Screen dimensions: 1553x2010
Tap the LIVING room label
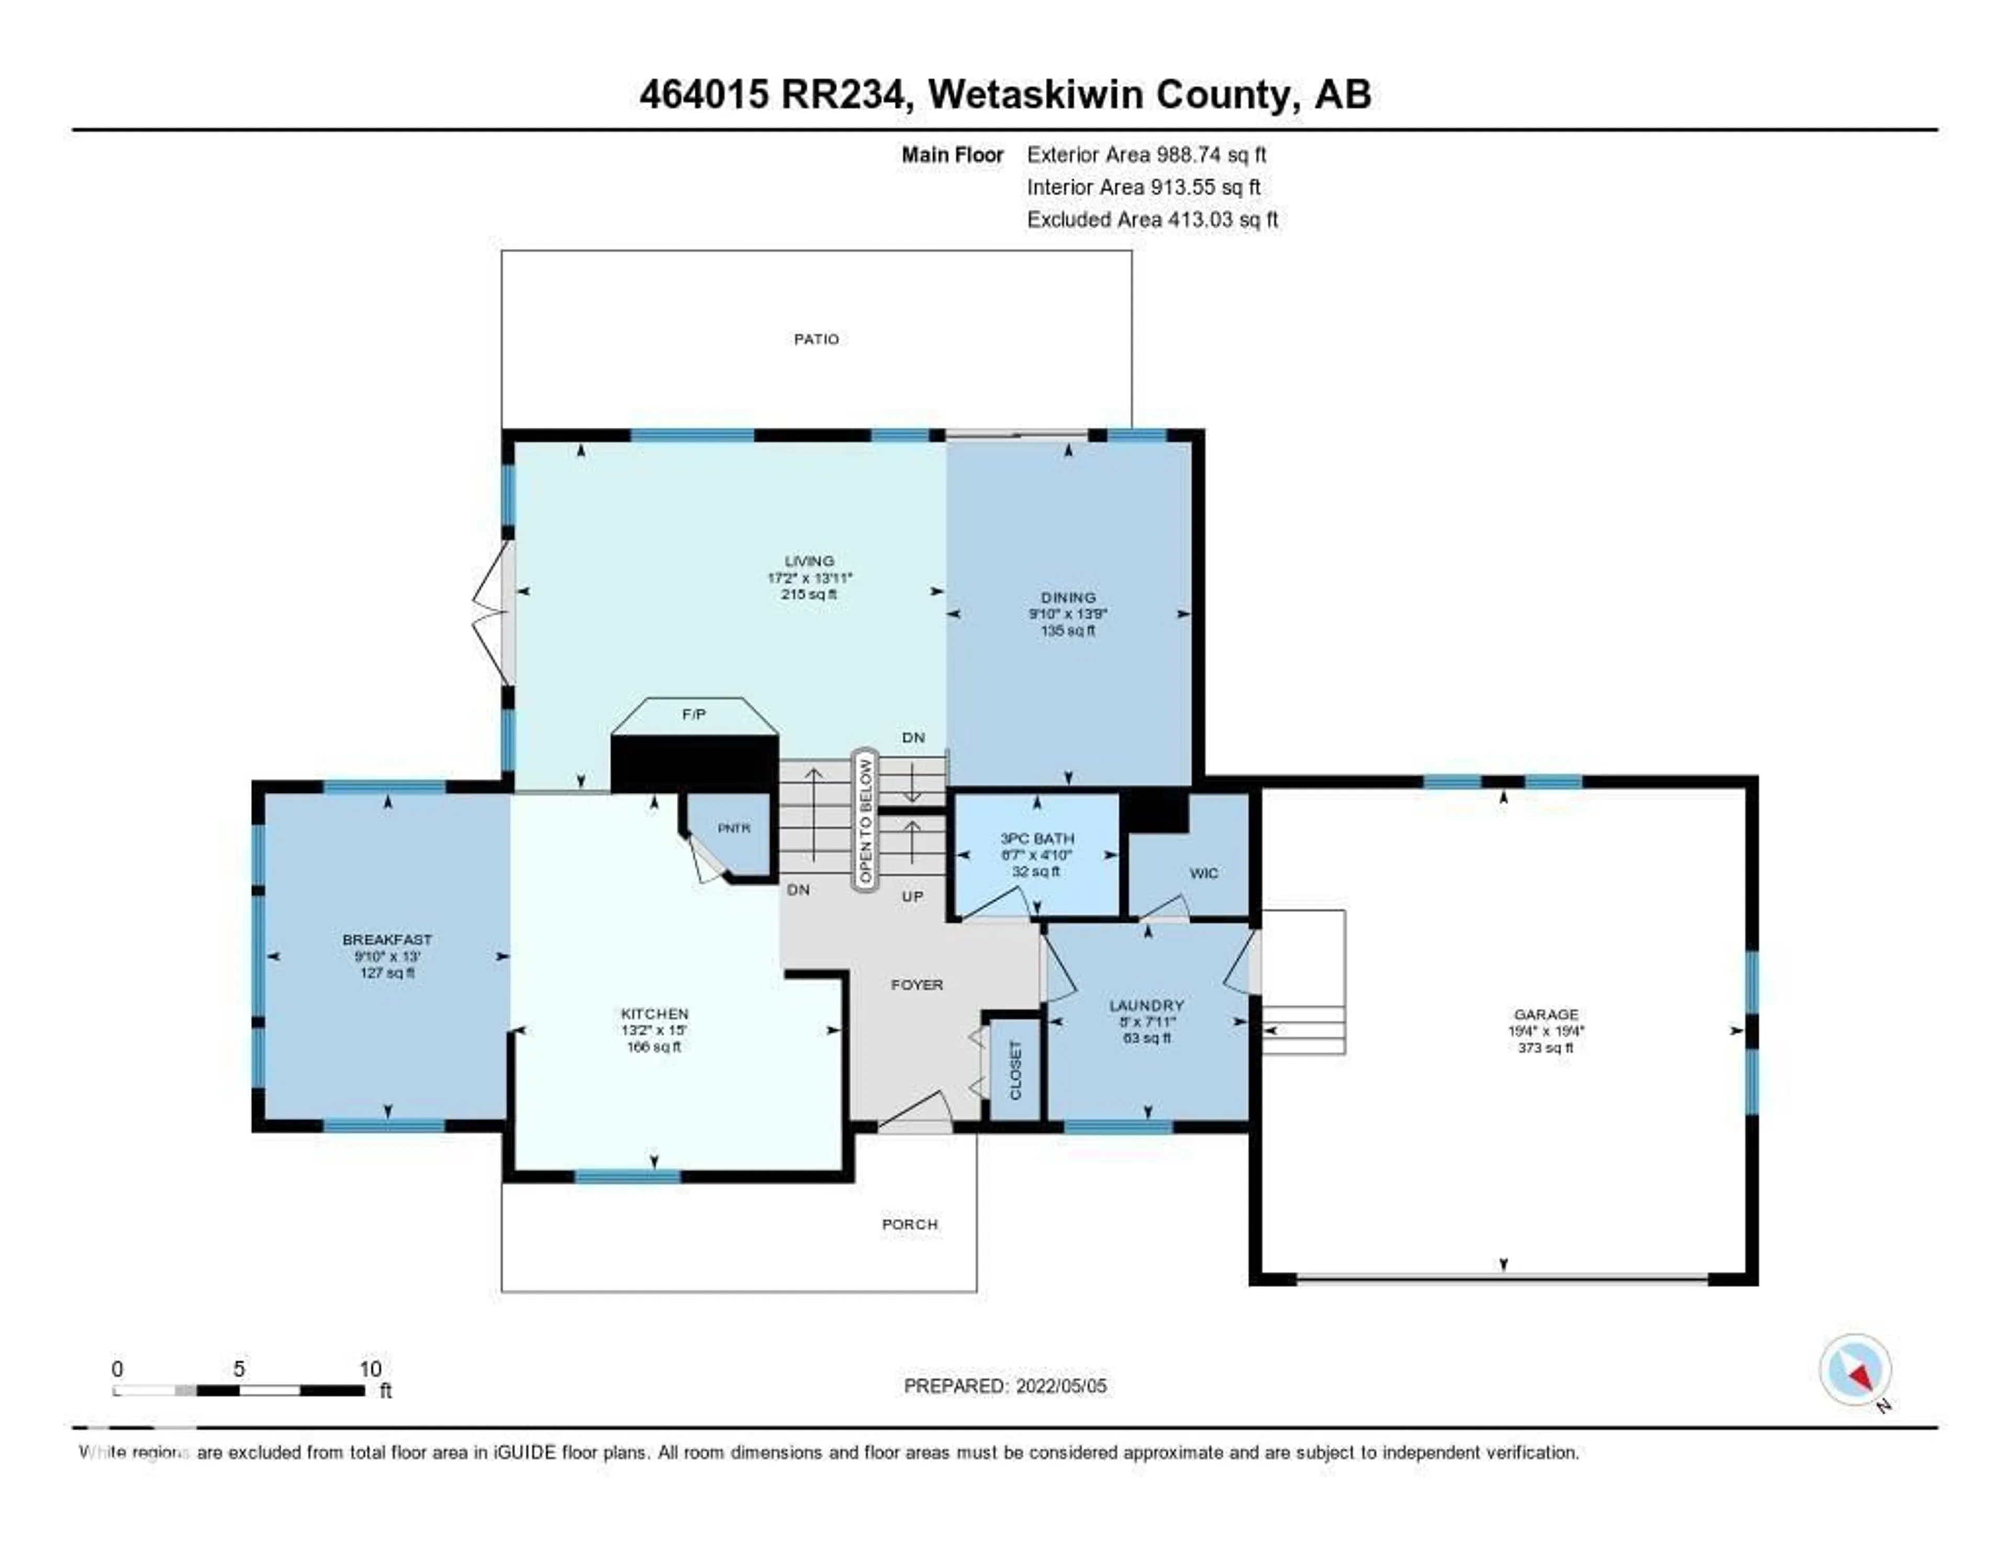point(809,561)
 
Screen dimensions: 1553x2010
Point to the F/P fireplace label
point(694,714)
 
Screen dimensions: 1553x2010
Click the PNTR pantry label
point(733,828)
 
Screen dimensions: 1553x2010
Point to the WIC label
point(1203,873)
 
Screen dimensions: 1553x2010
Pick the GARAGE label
point(1545,1014)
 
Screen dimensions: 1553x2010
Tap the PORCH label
point(909,1224)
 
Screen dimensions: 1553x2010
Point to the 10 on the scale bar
point(370,1369)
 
